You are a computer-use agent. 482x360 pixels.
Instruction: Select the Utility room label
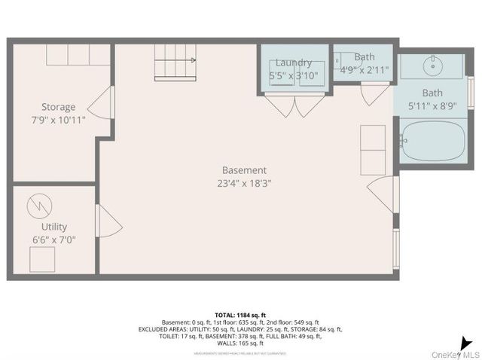[x=54, y=227]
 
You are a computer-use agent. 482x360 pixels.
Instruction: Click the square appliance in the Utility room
[x=42, y=259]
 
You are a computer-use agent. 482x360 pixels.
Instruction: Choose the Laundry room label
[x=293, y=63]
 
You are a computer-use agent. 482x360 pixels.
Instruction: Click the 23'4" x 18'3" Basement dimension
[x=244, y=182]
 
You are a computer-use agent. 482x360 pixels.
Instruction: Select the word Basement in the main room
[x=244, y=170]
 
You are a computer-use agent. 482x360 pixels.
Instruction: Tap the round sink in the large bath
[x=433, y=66]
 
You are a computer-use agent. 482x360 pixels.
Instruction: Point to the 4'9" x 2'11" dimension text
[x=364, y=70]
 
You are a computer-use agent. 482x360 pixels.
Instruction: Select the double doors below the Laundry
[x=294, y=107]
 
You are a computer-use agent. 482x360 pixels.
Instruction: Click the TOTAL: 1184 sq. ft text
[x=240, y=315]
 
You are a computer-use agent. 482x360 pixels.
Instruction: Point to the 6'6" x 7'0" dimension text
[x=54, y=239]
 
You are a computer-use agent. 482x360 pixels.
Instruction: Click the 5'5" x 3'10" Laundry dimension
[x=294, y=75]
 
